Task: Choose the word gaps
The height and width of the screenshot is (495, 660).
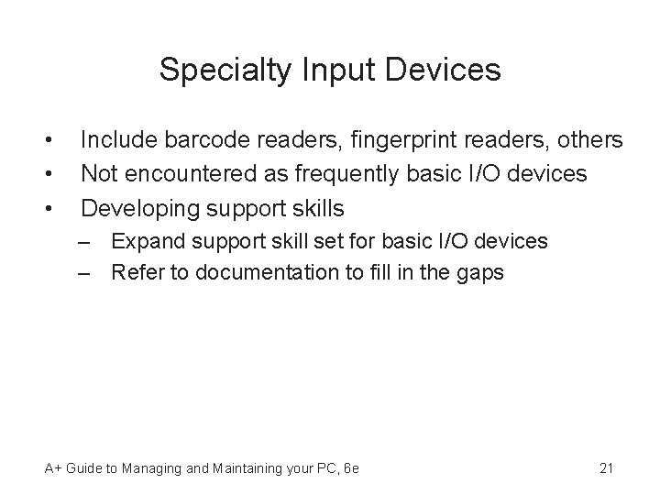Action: coord(481,272)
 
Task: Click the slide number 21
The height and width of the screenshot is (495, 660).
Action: coord(605,468)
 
